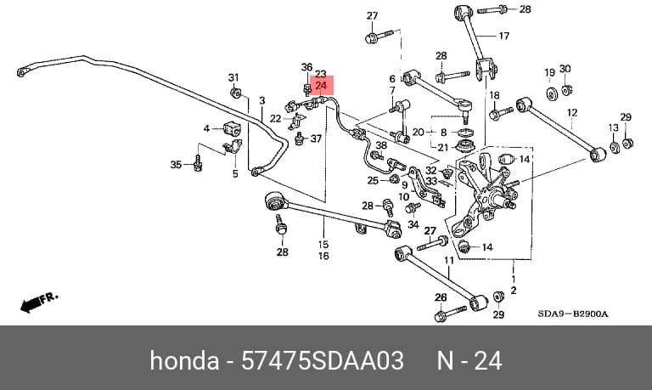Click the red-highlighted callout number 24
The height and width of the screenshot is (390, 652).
click(321, 86)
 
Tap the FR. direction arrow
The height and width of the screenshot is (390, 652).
click(39, 302)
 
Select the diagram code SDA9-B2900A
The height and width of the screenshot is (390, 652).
click(572, 314)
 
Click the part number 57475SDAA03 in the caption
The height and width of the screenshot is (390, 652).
click(323, 360)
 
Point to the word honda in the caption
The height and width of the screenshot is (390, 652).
click(184, 360)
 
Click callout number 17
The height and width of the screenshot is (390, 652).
click(503, 37)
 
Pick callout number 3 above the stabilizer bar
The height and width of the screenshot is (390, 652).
click(262, 101)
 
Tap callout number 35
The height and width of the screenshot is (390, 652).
click(176, 165)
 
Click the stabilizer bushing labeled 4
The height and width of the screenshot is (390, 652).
click(232, 128)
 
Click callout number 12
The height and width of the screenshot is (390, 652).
click(572, 112)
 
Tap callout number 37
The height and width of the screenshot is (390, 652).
click(316, 138)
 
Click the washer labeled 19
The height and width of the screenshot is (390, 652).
click(552, 94)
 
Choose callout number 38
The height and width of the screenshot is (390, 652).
click(381, 145)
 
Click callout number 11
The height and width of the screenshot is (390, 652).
click(449, 261)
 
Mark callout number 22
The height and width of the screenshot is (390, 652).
click(276, 119)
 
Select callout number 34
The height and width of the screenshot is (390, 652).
click(413, 224)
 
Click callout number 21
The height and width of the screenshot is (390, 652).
click(443, 147)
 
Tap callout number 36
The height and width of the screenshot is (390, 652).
click(306, 67)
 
